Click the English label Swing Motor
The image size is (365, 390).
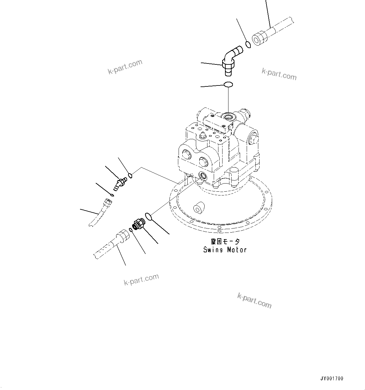click(225, 250)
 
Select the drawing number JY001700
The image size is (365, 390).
click(332, 378)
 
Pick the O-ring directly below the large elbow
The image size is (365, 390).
click(228, 84)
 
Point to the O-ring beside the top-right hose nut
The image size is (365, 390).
click(248, 45)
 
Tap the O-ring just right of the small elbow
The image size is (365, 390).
click(130, 175)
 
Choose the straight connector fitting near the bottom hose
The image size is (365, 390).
click(138, 224)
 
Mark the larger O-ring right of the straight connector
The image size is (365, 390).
click(148, 217)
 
